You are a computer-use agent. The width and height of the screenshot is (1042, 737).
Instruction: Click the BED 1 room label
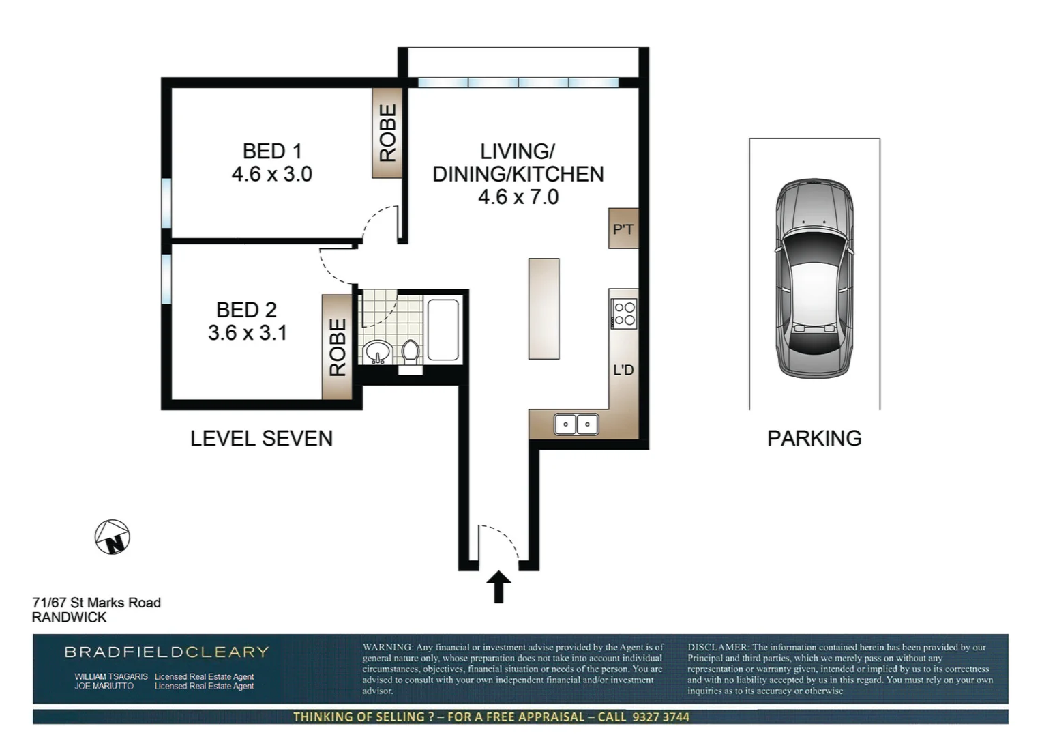point(271,151)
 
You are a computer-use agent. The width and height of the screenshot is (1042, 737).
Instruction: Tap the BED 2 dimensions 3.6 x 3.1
point(247,333)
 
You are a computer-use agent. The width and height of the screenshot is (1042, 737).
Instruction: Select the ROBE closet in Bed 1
point(386,133)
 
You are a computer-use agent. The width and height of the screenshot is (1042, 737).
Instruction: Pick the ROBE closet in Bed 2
point(337,347)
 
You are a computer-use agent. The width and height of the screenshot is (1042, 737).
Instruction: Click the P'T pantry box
point(623,229)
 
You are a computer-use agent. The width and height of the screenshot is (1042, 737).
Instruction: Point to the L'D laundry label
point(623,370)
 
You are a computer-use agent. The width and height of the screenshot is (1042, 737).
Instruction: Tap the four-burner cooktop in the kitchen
point(625,313)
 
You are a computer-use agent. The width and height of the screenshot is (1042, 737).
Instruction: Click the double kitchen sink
point(576,424)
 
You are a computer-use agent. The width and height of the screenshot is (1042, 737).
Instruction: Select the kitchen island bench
point(544,308)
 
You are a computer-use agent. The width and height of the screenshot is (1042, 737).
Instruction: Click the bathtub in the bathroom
point(443,330)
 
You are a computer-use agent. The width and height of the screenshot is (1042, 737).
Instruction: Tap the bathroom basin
point(377,353)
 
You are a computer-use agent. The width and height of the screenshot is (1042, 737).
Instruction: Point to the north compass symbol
point(112,537)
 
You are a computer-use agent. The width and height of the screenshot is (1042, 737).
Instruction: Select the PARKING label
point(814,438)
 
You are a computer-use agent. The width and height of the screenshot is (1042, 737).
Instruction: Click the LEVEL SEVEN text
point(261,438)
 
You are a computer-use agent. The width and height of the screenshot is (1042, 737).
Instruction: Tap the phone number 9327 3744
point(660,717)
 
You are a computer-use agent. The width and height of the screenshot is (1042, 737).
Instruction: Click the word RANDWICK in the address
point(70,618)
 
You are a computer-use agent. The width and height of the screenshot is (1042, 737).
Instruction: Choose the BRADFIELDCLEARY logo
point(167,652)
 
